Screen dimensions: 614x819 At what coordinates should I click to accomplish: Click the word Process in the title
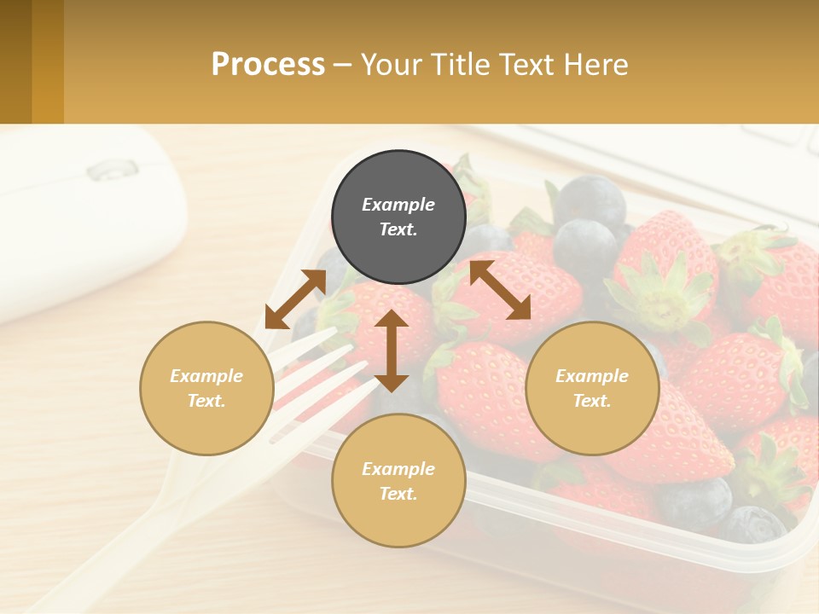pos(268,65)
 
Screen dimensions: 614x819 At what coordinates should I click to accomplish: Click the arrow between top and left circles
pos(295,298)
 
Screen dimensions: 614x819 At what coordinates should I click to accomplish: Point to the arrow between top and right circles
pos(500,290)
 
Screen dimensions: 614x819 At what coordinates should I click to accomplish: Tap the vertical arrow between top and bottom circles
pos(392,350)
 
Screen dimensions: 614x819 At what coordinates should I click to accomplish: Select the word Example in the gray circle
pos(398,205)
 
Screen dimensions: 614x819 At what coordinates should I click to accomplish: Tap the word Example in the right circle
pos(591,376)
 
